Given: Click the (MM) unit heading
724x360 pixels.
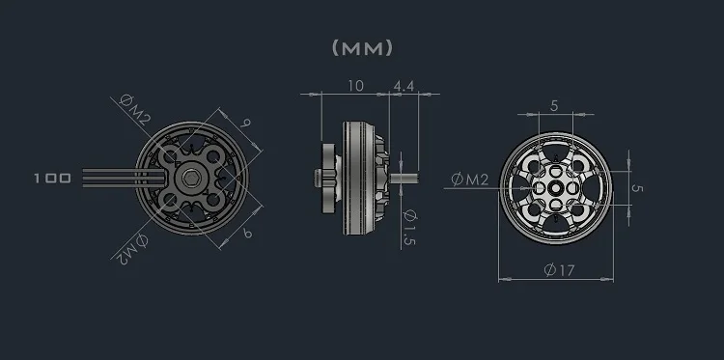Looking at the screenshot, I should [x=362, y=47].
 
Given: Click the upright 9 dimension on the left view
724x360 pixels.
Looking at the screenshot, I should [x=247, y=124].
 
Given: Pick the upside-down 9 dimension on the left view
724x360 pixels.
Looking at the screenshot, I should [x=247, y=235].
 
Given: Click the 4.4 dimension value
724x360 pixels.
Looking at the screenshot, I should [x=403, y=86].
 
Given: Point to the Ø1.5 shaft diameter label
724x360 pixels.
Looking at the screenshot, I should [x=411, y=228].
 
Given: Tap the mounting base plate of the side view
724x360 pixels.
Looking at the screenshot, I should [x=331, y=178].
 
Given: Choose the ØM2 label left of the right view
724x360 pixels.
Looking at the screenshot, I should [x=470, y=179].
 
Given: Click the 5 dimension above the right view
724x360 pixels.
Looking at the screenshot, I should [x=553, y=105].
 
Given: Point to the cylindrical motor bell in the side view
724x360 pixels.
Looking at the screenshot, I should [x=365, y=178].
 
